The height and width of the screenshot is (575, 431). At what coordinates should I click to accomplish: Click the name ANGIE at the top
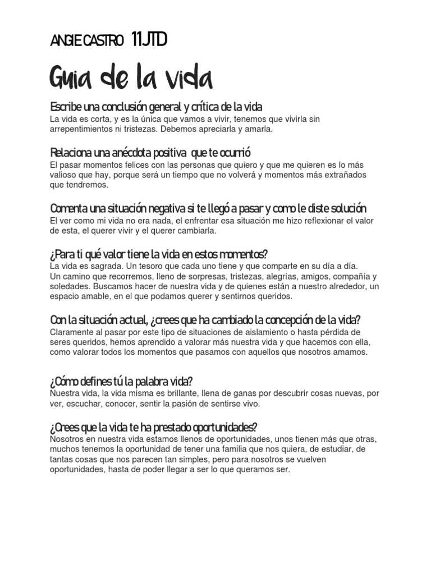click(x=66, y=41)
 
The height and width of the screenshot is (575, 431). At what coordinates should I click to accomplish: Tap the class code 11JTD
click(x=149, y=40)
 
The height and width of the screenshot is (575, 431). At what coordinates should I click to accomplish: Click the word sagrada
click(x=102, y=266)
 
